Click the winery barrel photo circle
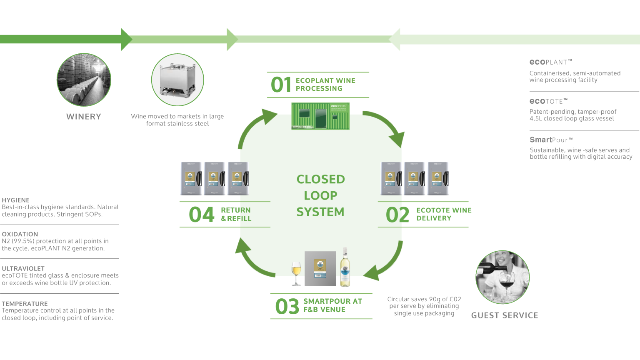pos(84,80)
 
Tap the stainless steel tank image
pos(177,80)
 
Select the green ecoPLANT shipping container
pos(320,116)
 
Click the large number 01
pos(281,85)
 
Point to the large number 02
pos(397,215)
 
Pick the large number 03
pos(287,307)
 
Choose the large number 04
pos(202,215)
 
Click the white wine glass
pos(296,273)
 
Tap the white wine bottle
pos(345,267)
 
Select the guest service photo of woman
pos(502,277)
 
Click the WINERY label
pos(84,117)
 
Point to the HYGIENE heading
pos(16,200)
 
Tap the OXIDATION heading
pos(20,234)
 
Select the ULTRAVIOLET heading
pos(23,269)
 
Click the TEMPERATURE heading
pos(25,304)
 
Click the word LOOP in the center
pos(320,195)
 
